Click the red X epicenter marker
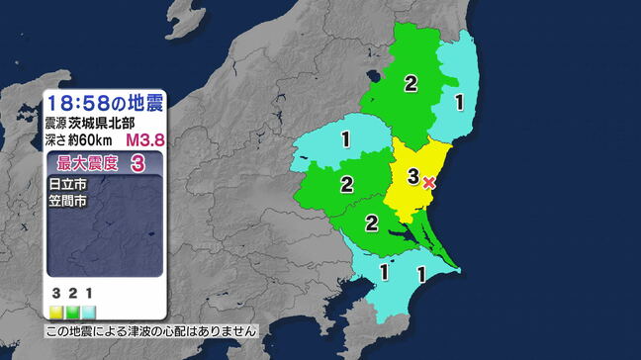click(x=428, y=182)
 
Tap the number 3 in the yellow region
click(x=412, y=177)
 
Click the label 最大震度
click(x=81, y=164)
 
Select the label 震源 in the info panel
click(x=55, y=125)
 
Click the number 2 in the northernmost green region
click(x=411, y=83)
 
